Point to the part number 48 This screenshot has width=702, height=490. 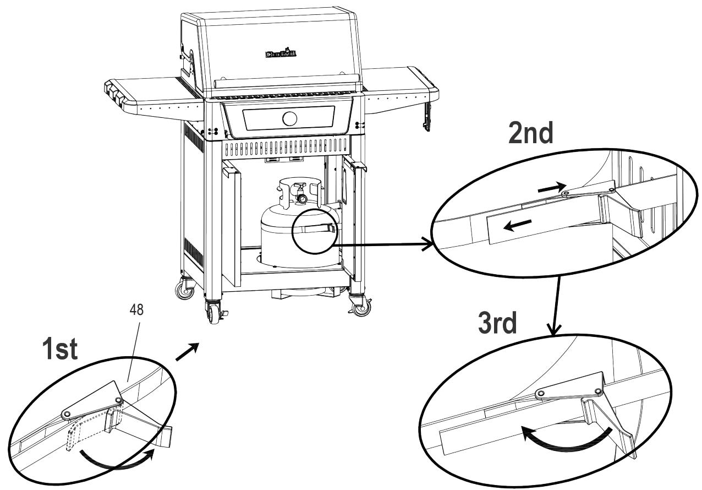(136, 310)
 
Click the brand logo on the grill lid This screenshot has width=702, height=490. (282, 53)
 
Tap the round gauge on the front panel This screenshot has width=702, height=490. (289, 118)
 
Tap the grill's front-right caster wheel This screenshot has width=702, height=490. (361, 308)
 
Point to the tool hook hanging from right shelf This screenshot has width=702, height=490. (427, 116)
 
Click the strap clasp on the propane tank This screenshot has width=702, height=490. (328, 228)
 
